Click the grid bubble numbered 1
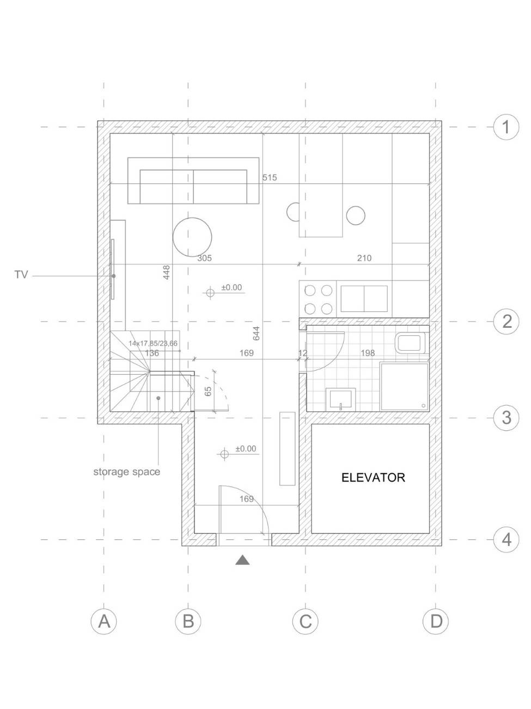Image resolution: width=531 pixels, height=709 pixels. [506, 127]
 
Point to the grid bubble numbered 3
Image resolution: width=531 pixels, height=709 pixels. [506, 418]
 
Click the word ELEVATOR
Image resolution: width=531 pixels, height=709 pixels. [373, 477]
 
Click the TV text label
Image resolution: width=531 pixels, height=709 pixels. [21, 274]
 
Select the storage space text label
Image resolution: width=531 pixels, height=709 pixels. [127, 472]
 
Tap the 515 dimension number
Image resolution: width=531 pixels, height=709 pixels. [270, 177]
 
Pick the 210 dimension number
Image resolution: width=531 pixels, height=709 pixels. [364, 258]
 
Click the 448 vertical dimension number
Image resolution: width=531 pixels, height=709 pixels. [166, 272]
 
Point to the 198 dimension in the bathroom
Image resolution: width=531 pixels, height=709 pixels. [368, 353]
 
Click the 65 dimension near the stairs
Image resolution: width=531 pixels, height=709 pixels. [208, 391]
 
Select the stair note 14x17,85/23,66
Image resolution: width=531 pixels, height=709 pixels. [153, 344]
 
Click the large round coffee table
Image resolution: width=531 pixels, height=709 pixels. [192, 237]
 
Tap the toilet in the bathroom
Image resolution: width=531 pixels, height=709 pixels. [410, 343]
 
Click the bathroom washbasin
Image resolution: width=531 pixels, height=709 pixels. [340, 399]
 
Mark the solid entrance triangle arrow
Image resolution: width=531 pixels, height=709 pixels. [242, 560]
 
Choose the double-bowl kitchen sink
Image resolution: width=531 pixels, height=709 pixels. [364, 299]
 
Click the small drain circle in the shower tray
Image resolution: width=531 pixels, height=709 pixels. [424, 406]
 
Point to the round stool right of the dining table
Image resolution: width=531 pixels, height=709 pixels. [356, 215]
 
